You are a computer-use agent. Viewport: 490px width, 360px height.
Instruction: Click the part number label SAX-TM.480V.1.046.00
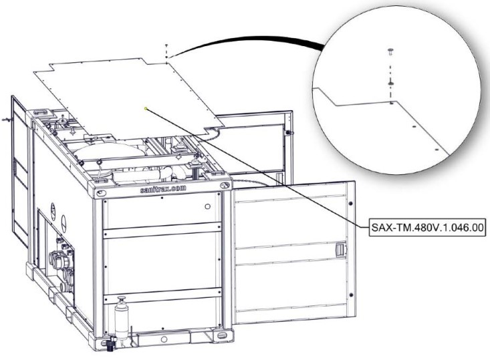tap(427, 227)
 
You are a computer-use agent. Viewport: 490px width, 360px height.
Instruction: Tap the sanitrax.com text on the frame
tap(163, 189)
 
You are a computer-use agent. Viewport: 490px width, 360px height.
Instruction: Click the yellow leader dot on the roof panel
tap(146, 109)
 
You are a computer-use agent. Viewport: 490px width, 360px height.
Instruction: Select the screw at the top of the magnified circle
tap(390, 52)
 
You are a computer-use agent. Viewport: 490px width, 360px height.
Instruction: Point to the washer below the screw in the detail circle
tap(390, 83)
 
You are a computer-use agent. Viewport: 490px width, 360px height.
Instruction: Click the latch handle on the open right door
tap(340, 250)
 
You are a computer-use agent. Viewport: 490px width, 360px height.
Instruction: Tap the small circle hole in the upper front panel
tap(207, 206)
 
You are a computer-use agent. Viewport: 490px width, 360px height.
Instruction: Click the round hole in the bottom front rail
tap(164, 339)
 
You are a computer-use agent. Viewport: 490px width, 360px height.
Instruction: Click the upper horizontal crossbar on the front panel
tap(162, 230)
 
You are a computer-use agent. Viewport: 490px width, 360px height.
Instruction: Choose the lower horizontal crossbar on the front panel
tap(162, 296)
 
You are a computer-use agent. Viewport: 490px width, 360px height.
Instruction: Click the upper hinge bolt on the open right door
tap(351, 204)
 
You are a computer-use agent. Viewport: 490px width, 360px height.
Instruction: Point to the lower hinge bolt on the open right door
tap(351, 295)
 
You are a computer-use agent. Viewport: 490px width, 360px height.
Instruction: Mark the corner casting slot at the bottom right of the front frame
tap(222, 336)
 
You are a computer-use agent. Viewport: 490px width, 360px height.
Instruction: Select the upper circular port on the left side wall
tap(53, 211)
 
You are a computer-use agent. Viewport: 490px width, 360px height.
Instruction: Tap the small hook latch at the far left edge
tap(5, 120)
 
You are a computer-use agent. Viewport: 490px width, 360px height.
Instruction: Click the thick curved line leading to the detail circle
tap(247, 40)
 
